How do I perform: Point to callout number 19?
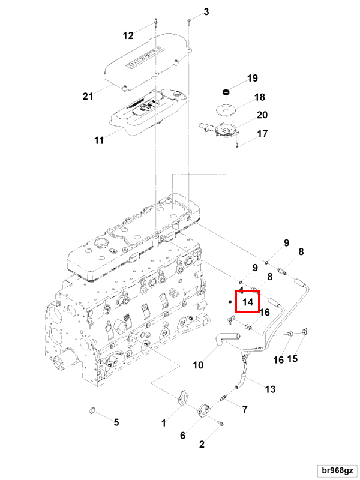(x=252, y=79)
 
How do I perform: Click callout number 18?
(x=259, y=97)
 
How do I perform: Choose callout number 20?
(x=262, y=115)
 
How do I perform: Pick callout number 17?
(x=262, y=134)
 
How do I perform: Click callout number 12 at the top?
(x=128, y=35)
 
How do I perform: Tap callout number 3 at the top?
(x=206, y=12)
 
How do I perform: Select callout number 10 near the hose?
(x=198, y=364)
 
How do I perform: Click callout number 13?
(x=270, y=389)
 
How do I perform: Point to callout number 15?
(x=292, y=359)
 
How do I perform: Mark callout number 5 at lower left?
(x=117, y=422)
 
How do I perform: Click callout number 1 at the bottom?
(x=163, y=423)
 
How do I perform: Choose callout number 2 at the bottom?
(x=202, y=445)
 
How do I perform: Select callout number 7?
(x=244, y=409)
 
